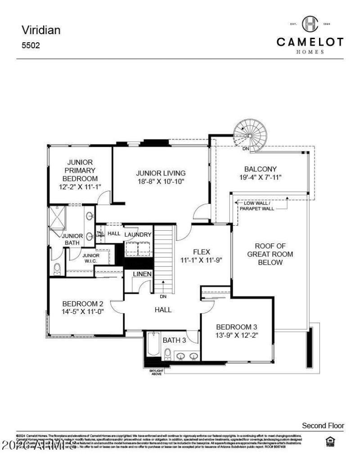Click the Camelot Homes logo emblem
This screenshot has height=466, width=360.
[x=310, y=24]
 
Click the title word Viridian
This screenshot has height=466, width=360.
[x=41, y=30]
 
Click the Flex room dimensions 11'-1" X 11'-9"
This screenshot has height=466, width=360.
[x=202, y=260]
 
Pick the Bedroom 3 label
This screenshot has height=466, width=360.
[x=237, y=327]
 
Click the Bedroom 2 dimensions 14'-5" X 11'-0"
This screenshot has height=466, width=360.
[x=83, y=311]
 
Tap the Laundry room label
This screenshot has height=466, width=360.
[x=138, y=235]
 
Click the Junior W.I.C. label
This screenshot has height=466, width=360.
[x=88, y=258]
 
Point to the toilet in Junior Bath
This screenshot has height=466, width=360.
[x=57, y=269]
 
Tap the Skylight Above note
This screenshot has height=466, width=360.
[x=157, y=372]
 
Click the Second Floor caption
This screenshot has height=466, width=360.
[x=323, y=426]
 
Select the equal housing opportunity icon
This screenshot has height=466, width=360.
[x=329, y=442]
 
